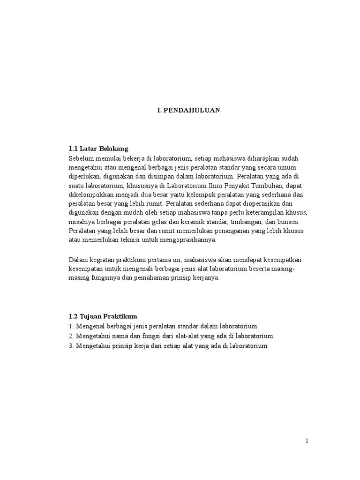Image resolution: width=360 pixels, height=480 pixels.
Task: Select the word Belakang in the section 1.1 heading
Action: click(112, 149)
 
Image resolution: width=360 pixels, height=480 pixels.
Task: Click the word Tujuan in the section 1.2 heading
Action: click(91, 316)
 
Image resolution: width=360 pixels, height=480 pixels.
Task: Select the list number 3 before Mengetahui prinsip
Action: click(71, 346)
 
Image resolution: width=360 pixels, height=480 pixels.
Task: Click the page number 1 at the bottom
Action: click(307, 441)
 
